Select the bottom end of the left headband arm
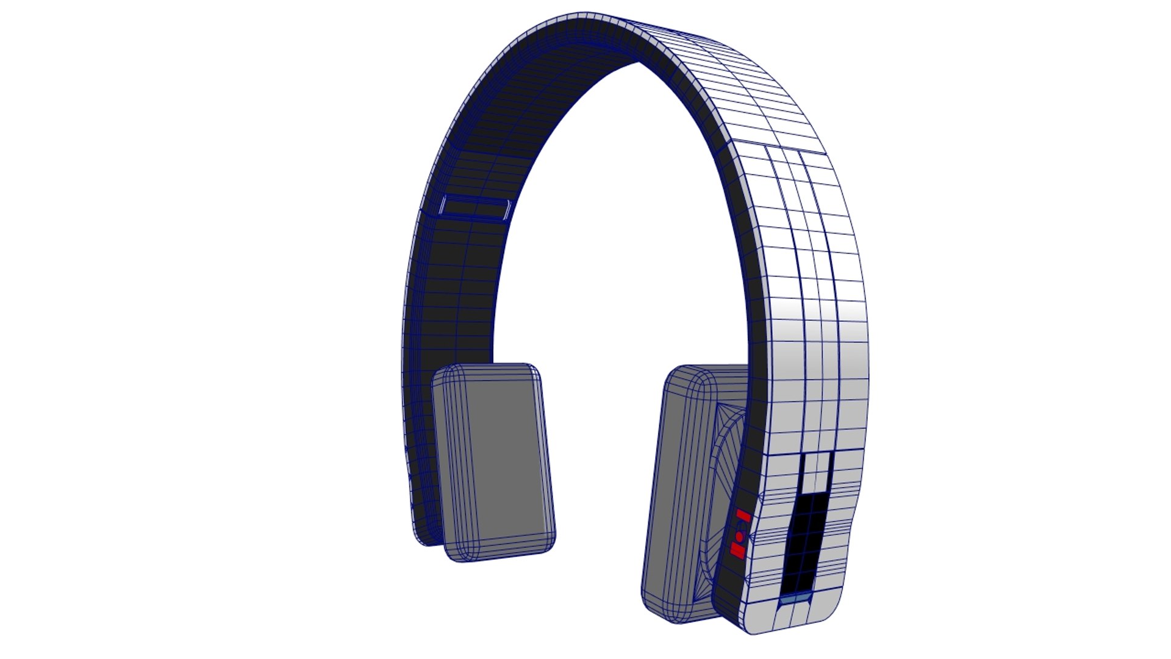(x=427, y=540)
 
